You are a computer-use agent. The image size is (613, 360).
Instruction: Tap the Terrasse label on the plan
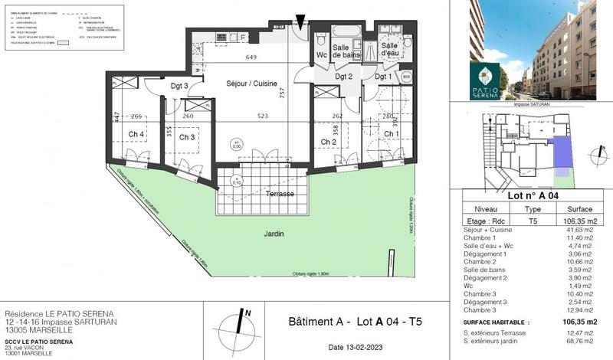click(280, 194)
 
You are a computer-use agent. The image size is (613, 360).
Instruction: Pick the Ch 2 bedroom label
click(329, 142)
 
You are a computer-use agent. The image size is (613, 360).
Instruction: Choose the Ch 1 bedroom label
click(392, 135)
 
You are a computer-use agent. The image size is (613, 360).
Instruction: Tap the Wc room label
click(322, 55)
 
